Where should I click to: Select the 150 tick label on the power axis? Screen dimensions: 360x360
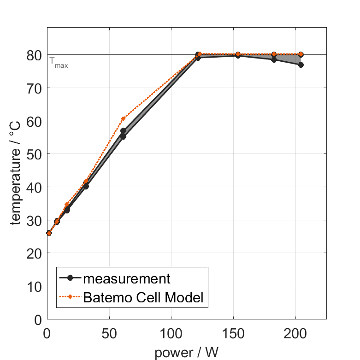233,333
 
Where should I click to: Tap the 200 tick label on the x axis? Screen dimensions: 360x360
295,333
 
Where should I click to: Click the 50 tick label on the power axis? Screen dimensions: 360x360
109,333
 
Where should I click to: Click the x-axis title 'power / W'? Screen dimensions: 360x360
186,353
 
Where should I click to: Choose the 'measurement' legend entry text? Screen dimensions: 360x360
127,278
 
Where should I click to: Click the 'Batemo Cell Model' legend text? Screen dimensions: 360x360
143,297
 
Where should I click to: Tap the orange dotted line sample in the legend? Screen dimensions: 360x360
70,297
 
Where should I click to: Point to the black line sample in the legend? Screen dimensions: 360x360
70,278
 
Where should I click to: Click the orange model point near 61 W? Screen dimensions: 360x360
123,118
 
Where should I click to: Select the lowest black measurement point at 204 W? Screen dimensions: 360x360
301,65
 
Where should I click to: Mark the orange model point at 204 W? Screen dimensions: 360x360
301,54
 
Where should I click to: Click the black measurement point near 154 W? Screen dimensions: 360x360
238,55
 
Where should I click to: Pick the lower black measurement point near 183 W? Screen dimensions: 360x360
274,59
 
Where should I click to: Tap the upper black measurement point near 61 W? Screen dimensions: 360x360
123,130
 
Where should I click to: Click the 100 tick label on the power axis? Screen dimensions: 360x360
171,333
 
